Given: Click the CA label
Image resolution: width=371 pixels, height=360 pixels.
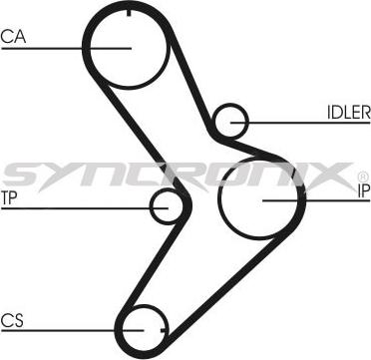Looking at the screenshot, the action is pos(12,37).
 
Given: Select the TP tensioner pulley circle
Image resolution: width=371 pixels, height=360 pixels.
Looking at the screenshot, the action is pos(168,206).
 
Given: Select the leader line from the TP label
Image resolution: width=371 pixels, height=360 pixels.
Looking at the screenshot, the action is pos(80,207).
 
